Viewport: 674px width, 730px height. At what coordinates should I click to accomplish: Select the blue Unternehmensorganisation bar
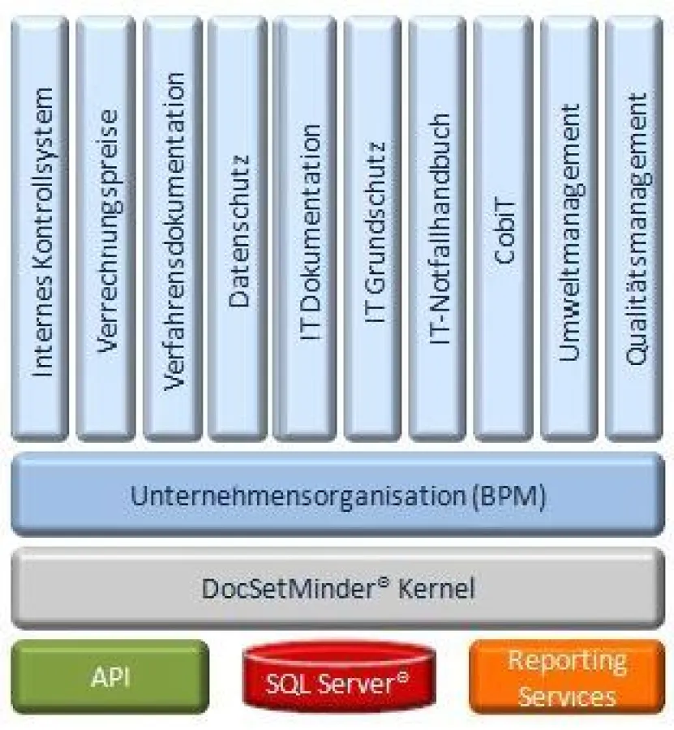coord(337,494)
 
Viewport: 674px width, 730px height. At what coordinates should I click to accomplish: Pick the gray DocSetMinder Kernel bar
coord(337,587)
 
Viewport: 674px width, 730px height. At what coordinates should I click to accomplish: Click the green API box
coord(110,676)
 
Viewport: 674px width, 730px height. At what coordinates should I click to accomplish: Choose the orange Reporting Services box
coord(566,677)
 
